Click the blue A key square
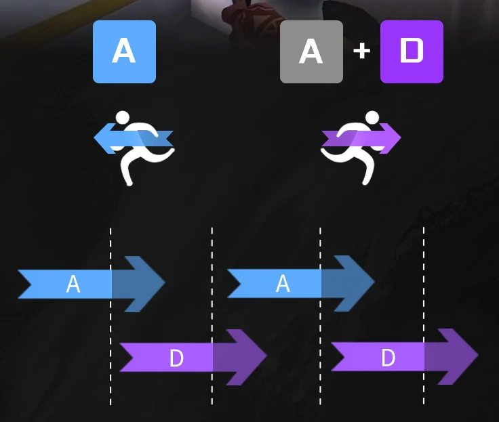click(124, 51)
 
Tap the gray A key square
click(311, 51)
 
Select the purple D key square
click(412, 51)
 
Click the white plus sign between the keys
click(361, 51)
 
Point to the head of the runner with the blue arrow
click(123, 118)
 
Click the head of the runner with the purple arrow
click(372, 118)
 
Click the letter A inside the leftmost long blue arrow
click(73, 284)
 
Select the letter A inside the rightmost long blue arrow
click(283, 284)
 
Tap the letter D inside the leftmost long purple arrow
click(176, 358)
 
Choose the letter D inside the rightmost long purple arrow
click(388, 357)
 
